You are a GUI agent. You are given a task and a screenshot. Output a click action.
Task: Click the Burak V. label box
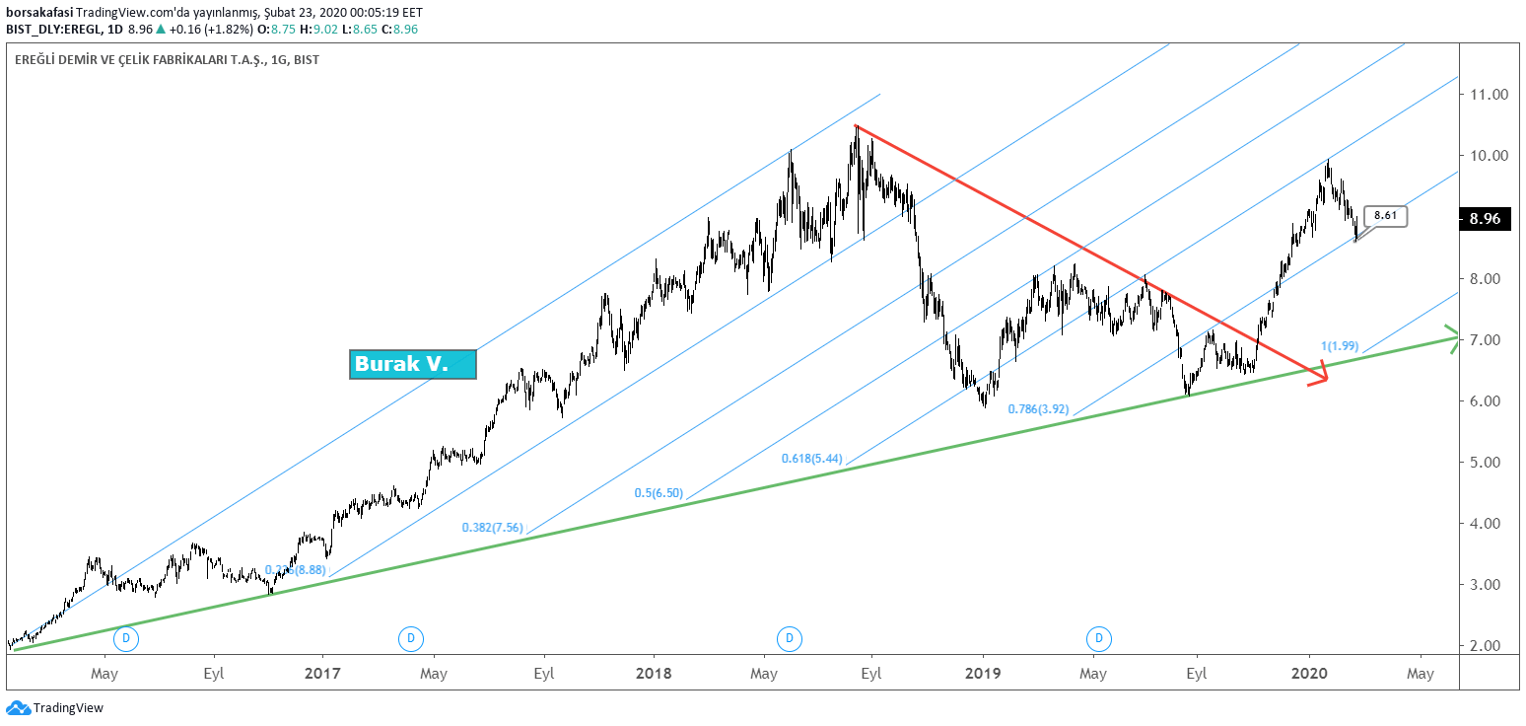(413, 364)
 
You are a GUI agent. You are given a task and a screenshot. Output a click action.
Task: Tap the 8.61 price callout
(1386, 216)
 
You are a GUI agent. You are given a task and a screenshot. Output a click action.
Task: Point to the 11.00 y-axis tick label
(1489, 95)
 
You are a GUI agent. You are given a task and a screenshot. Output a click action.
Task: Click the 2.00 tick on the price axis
(1489, 645)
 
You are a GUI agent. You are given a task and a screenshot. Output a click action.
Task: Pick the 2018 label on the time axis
(654, 674)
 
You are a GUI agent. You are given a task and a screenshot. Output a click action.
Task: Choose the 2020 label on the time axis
(1309, 674)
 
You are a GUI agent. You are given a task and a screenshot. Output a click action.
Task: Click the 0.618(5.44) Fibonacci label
(811, 459)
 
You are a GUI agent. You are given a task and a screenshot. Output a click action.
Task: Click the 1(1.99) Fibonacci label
(1340, 346)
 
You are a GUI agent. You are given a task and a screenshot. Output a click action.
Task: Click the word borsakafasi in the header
(39, 12)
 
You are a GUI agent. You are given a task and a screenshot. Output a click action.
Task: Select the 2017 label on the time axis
(322, 674)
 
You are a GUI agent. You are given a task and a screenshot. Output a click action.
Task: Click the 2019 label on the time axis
(983, 674)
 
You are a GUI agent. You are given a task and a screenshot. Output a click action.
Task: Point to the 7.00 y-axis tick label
(1489, 340)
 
